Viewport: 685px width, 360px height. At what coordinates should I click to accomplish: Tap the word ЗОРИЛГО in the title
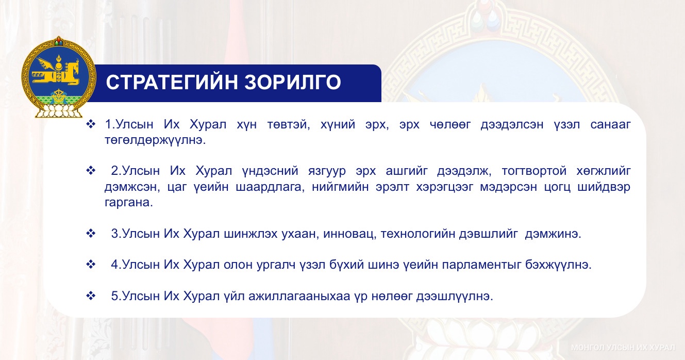coord(293,83)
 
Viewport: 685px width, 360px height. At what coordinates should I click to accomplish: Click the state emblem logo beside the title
coord(58,77)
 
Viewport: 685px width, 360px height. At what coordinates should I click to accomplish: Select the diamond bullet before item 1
coord(91,124)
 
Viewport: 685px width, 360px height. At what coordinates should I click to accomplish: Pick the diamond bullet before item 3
coord(91,234)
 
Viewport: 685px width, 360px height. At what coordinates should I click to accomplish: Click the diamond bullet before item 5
coord(91,296)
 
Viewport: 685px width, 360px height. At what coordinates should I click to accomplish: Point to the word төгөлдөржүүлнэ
coord(155,141)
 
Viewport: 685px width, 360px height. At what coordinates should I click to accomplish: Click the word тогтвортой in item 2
coord(534,171)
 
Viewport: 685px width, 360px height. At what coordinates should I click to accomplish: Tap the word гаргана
coord(129,203)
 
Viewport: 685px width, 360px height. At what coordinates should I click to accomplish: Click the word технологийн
coord(417,234)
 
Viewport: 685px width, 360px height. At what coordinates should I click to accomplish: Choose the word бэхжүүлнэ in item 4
coord(558,265)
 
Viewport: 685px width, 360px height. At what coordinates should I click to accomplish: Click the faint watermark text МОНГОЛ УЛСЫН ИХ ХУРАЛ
coord(623,348)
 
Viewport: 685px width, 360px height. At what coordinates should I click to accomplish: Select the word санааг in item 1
coord(610,125)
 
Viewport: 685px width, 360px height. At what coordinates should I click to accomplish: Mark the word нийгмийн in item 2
coord(340,187)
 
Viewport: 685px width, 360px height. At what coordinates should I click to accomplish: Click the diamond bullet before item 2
coord(91,171)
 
